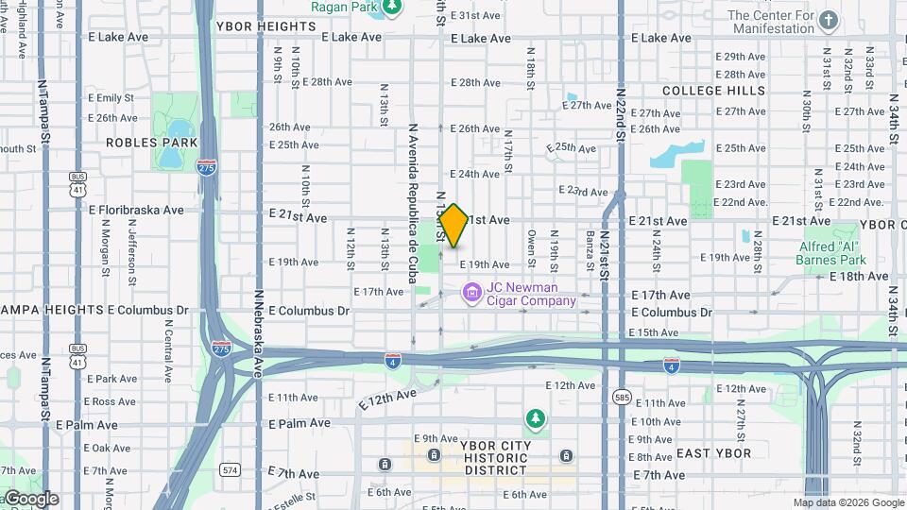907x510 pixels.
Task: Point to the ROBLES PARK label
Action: (152, 143)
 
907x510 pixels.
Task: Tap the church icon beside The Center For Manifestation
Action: (829, 20)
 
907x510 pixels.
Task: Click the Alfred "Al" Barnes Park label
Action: (833, 253)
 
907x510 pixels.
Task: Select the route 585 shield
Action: (622, 397)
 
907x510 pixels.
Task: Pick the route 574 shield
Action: (231, 468)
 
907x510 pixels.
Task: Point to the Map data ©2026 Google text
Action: (848, 503)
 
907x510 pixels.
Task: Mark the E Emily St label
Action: (111, 97)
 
